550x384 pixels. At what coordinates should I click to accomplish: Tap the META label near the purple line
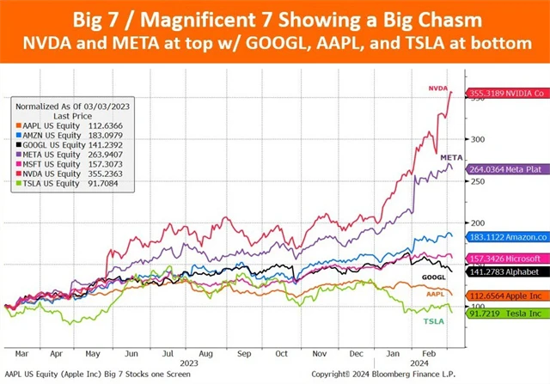(452, 158)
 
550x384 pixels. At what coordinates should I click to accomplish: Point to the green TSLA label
(435, 320)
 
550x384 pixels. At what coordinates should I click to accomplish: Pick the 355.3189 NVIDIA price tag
(507, 93)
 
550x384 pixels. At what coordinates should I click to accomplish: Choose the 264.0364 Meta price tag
(507, 169)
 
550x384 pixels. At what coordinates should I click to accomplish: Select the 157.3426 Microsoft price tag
(507, 259)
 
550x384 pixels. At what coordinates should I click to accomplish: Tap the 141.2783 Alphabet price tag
(507, 272)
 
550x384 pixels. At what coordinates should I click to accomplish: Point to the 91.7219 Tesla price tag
(507, 314)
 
